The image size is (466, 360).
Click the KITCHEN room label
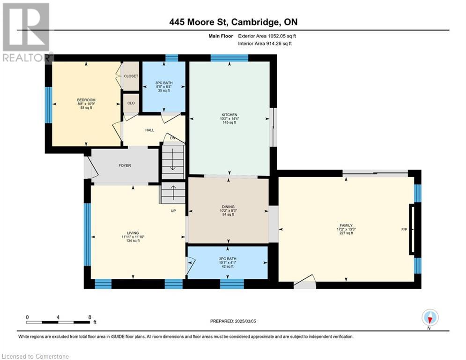229,115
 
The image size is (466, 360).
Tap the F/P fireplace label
404,230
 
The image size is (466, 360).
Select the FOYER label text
125,165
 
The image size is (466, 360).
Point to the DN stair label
173,138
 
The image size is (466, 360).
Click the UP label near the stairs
173,210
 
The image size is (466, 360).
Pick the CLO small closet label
131,103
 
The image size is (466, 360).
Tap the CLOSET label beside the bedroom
131,76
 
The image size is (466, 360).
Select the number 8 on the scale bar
90,317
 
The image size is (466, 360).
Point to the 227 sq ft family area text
346,233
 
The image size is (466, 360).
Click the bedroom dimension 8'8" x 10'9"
86,104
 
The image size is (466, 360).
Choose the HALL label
150,130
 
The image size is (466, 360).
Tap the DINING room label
228,207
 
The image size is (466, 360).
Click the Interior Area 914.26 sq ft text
265,44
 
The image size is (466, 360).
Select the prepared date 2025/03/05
245,321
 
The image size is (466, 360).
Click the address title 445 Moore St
199,22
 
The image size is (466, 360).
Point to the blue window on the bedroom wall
48,105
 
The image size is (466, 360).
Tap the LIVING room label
133,233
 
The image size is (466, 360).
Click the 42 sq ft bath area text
228,267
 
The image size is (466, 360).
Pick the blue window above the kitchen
229,58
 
